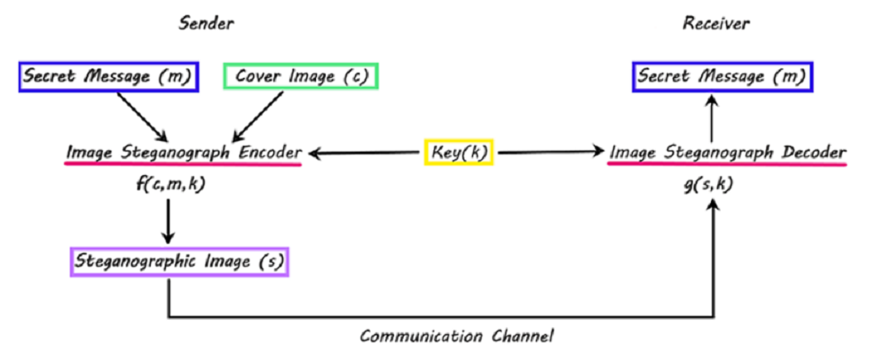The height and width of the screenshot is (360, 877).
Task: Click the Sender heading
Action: click(x=206, y=24)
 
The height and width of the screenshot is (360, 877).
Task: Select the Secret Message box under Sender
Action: click(x=107, y=77)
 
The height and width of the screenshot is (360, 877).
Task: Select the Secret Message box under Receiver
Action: click(x=722, y=77)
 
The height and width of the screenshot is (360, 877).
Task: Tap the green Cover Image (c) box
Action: click(x=301, y=77)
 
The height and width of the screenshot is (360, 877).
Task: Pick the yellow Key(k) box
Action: click(x=458, y=152)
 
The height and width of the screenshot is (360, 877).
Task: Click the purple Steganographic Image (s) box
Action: click(x=178, y=262)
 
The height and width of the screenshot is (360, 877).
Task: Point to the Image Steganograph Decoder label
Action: click(x=728, y=152)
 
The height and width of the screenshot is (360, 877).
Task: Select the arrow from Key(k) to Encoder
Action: click(x=365, y=152)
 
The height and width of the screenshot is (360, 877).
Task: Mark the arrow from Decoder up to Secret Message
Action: click(x=713, y=118)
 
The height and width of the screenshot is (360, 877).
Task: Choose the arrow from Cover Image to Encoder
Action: click(x=257, y=116)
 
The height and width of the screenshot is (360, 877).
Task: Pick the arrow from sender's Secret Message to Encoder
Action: click(x=142, y=116)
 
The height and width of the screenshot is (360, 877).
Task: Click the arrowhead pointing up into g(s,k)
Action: click(x=713, y=207)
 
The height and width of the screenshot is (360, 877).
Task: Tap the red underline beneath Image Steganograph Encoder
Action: click(x=183, y=165)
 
